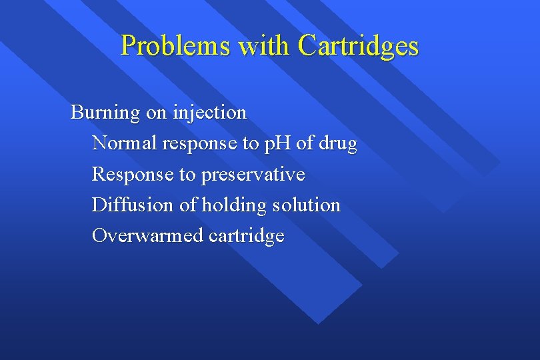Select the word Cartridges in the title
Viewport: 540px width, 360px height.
(359, 46)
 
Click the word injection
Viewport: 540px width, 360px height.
(209, 113)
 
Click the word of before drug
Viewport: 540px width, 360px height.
(306, 143)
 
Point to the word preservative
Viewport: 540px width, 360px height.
(253, 175)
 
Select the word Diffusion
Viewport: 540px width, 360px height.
(133, 205)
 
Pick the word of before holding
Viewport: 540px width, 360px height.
(188, 205)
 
